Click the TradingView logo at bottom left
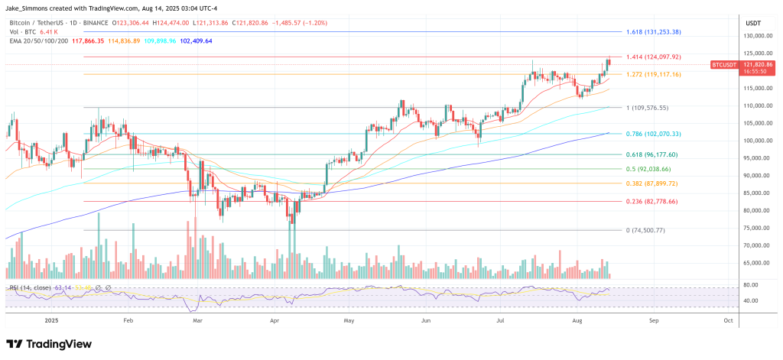tap(47, 344)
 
